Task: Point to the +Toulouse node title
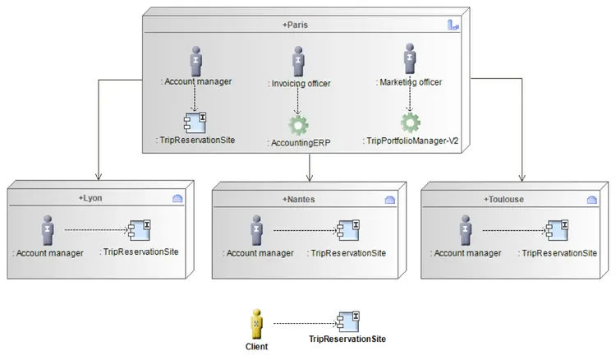[x=503, y=199]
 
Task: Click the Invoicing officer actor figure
[x=298, y=62]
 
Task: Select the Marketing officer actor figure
[x=409, y=60]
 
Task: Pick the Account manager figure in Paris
[x=195, y=60]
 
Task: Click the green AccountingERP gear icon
[x=297, y=126]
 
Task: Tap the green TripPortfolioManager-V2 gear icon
[x=409, y=123]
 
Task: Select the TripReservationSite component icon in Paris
[x=194, y=123]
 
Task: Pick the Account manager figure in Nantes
[x=256, y=231]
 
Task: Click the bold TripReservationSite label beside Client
[x=347, y=339]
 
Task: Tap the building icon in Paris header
[x=453, y=25]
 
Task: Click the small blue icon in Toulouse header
[x=591, y=199]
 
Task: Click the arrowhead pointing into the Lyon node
[x=99, y=176]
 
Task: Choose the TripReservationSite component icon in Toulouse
[x=556, y=231]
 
